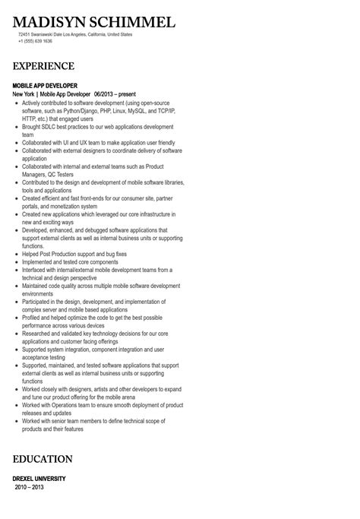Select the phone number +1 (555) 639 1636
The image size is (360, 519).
pos(36,41)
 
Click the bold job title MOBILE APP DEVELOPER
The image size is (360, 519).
pos(45,85)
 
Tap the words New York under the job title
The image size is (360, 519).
pos(27,93)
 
